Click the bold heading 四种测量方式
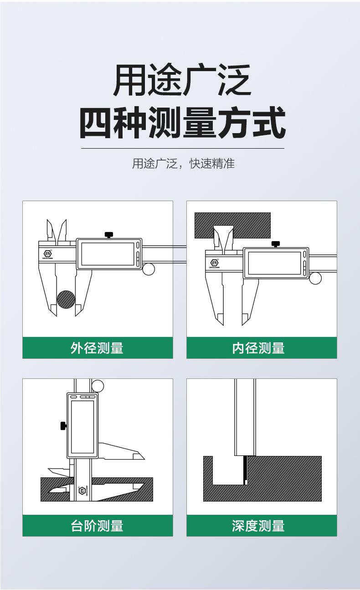[183, 123]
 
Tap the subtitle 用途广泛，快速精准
[183, 164]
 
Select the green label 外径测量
[97, 348]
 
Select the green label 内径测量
[258, 348]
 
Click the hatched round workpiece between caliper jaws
[66, 299]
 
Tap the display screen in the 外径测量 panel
[108, 254]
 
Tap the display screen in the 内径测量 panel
[274, 263]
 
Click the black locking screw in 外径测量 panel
[109, 235]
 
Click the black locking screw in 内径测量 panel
[276, 244]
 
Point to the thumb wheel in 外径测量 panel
[149, 269]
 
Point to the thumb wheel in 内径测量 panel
[315, 279]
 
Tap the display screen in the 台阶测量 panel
[82, 427]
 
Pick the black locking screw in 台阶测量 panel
[63, 426]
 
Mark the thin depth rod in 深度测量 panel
[246, 470]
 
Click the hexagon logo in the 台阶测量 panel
[82, 490]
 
